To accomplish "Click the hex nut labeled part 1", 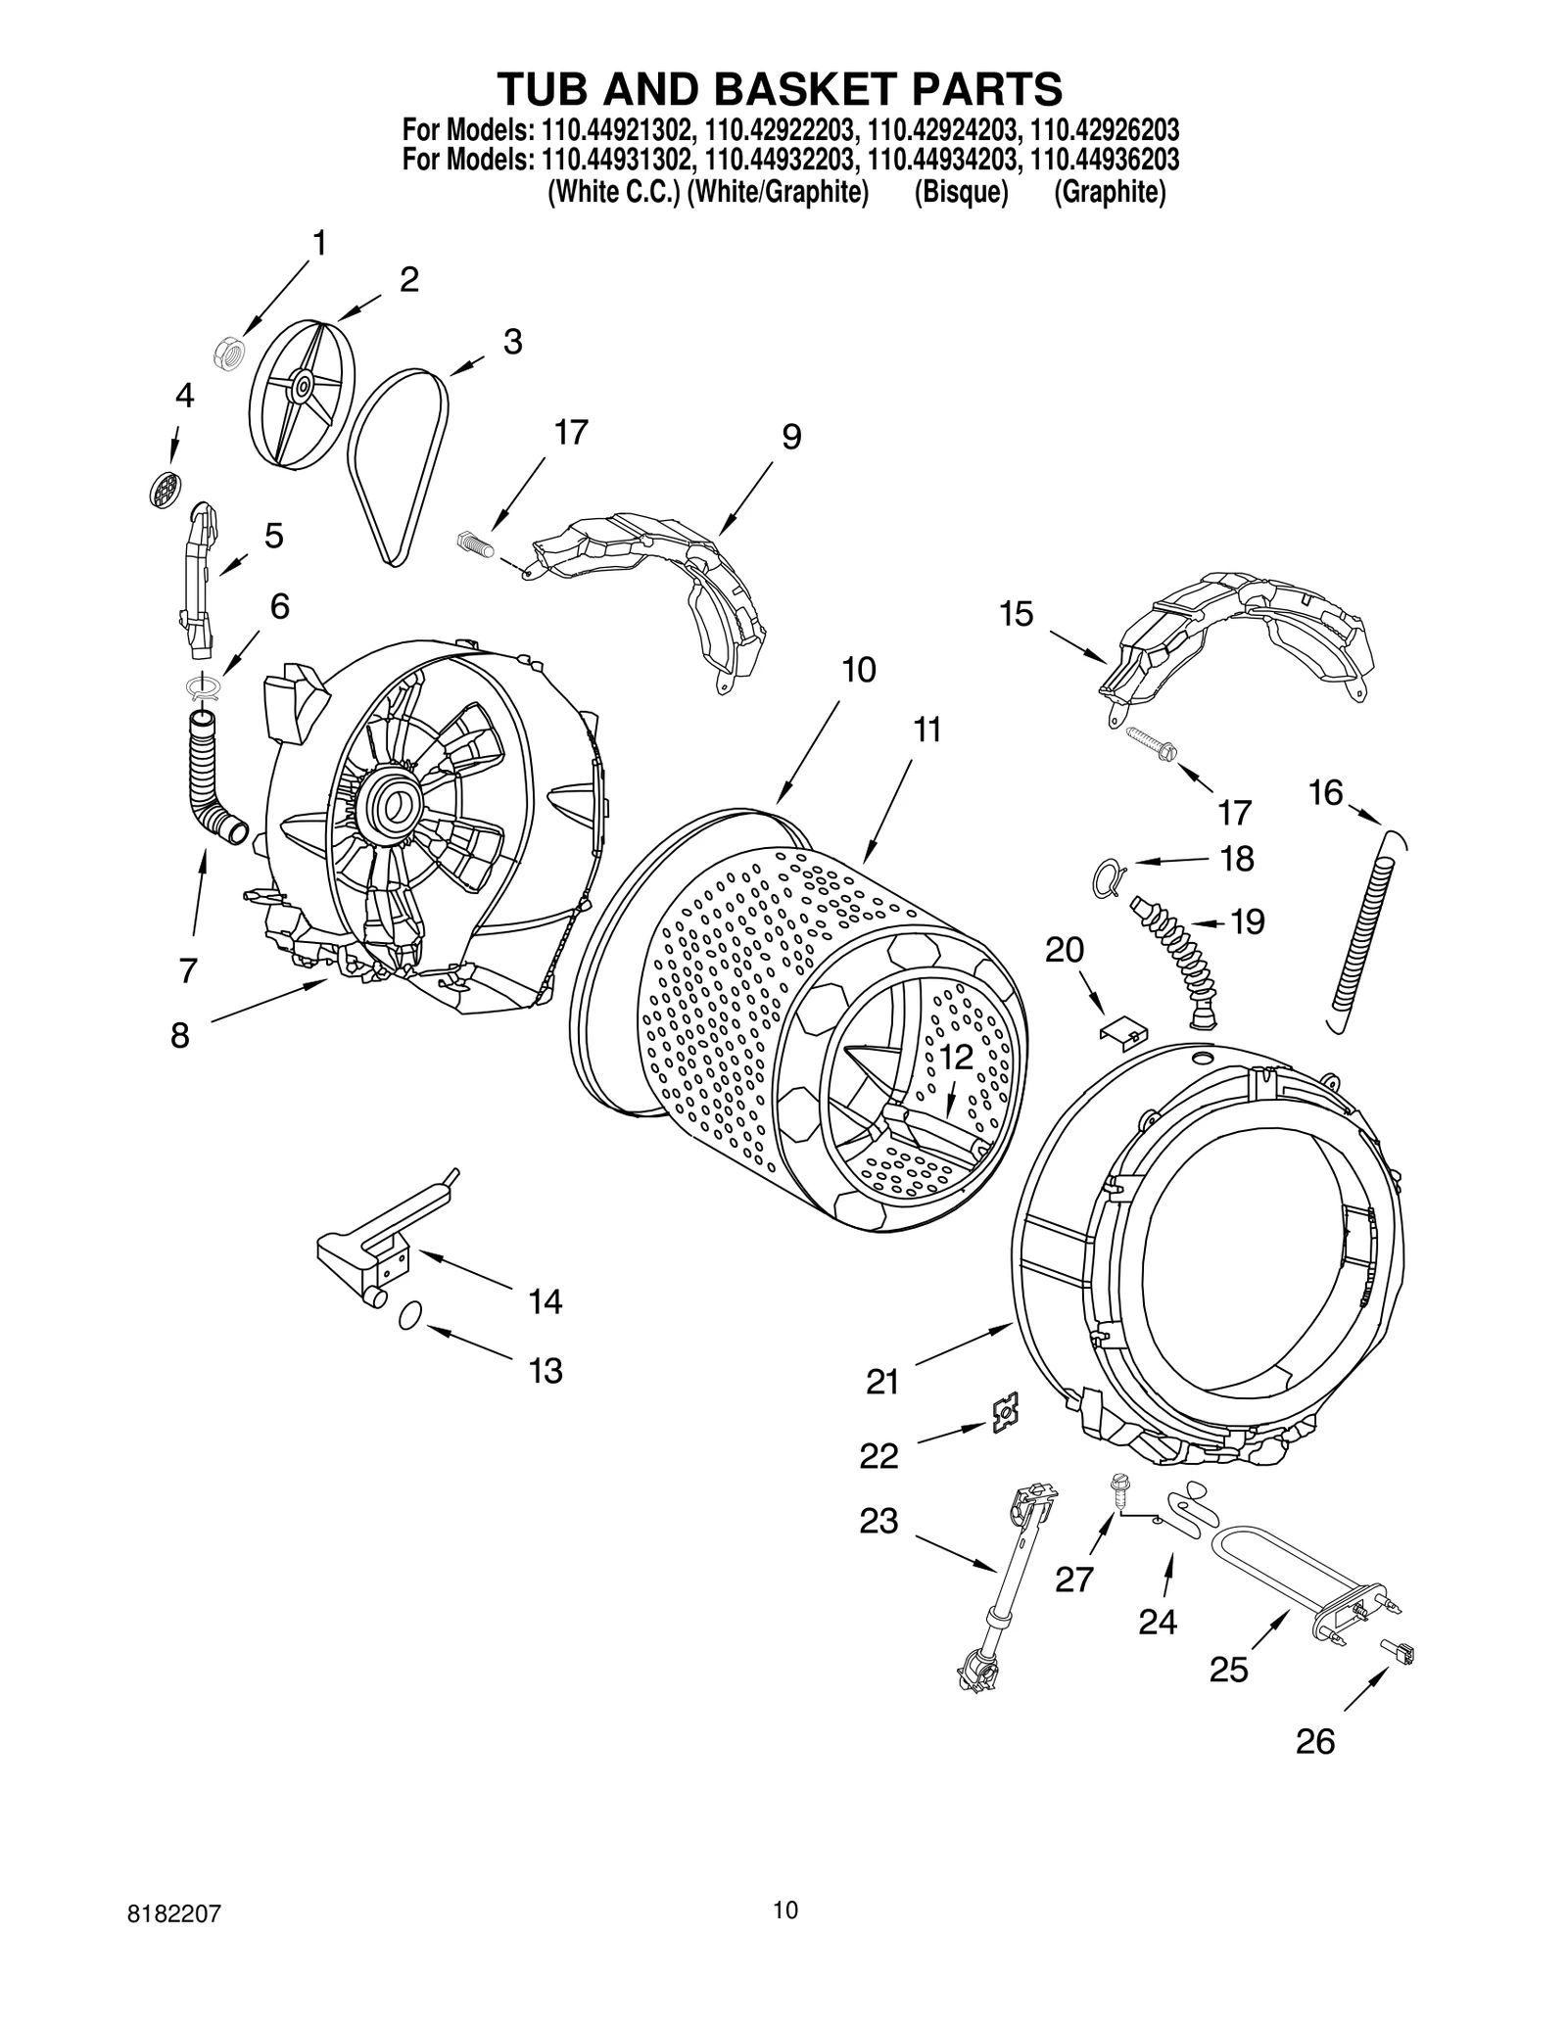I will coord(229,354).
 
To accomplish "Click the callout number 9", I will coord(791,437).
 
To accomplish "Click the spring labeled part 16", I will coord(1364,929).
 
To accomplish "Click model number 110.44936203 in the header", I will coord(1104,159).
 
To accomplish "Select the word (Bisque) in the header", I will coord(961,193).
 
